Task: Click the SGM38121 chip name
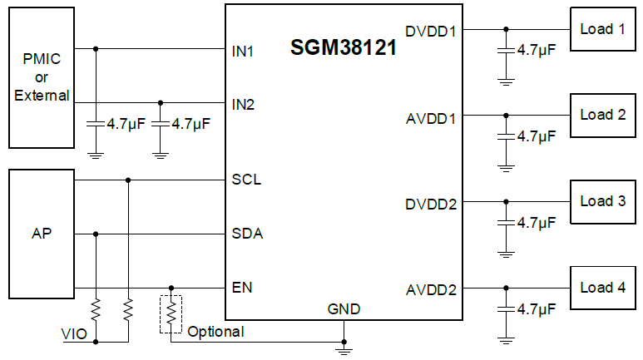343,48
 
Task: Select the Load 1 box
602,30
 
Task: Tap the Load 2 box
602,116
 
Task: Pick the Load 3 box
602,201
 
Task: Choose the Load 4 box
602,288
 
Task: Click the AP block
41,234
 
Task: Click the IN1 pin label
243,51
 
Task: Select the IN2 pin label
243,105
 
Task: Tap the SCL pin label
246,180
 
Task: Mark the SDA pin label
247,234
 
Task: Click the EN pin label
242,288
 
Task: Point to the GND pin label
344,309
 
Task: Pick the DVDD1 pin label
431,32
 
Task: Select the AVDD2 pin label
431,290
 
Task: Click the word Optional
215,332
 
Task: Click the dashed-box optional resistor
171,313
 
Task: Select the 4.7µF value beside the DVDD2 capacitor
536,223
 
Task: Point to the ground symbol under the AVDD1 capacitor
505,167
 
